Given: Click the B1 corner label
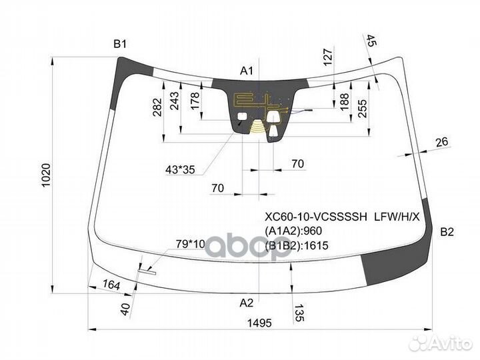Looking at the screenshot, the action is [x=120, y=45].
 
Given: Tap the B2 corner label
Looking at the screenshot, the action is [x=447, y=232].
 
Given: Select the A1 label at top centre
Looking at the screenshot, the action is [x=247, y=71].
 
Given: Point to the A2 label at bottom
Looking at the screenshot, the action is [x=247, y=303].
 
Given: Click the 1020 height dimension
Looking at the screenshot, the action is [x=45, y=175].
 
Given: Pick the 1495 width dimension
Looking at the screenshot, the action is [x=259, y=323].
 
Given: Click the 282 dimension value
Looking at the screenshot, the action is [x=157, y=107].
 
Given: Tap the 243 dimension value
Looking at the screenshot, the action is [x=174, y=101].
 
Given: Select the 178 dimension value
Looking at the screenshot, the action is [x=195, y=101].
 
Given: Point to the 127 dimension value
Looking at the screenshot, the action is [x=327, y=57].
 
